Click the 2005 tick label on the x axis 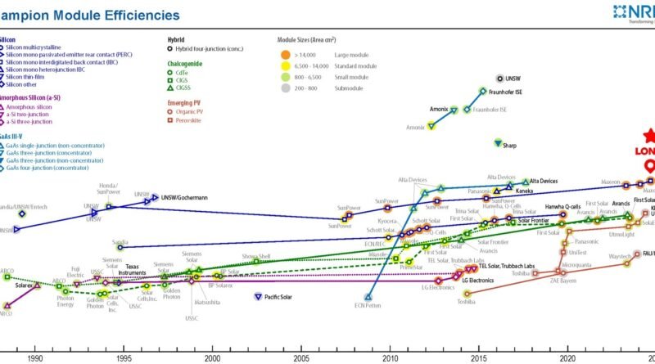coord(301,357)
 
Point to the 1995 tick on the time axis coord(124,357)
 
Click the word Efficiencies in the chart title coord(136,15)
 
